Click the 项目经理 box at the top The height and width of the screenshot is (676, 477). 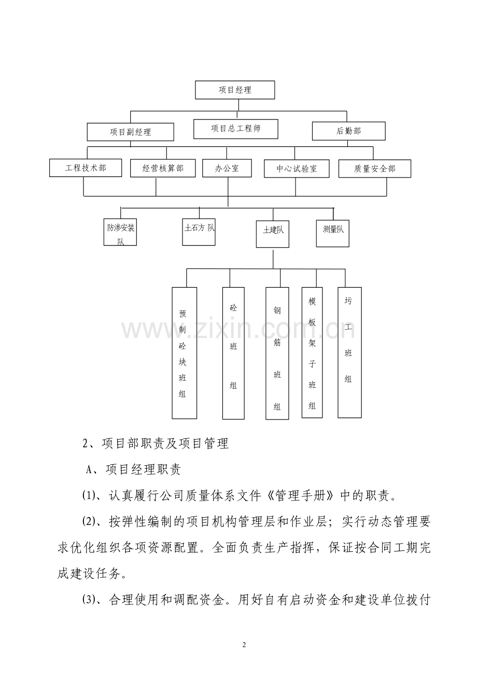(235, 90)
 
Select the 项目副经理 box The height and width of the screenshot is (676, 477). (130, 132)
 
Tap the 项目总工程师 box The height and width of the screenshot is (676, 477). (235, 129)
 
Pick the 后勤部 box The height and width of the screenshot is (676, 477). (348, 131)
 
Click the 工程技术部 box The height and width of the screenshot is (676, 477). (86, 168)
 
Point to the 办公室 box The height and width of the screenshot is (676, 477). (227, 168)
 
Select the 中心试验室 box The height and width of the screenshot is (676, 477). (296, 169)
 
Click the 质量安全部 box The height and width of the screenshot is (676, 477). (374, 169)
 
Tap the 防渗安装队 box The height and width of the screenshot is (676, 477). (120, 232)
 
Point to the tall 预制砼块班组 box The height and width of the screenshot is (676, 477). (184, 353)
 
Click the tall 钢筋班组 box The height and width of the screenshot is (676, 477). (277, 353)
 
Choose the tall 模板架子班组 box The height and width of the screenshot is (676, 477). (312, 353)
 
